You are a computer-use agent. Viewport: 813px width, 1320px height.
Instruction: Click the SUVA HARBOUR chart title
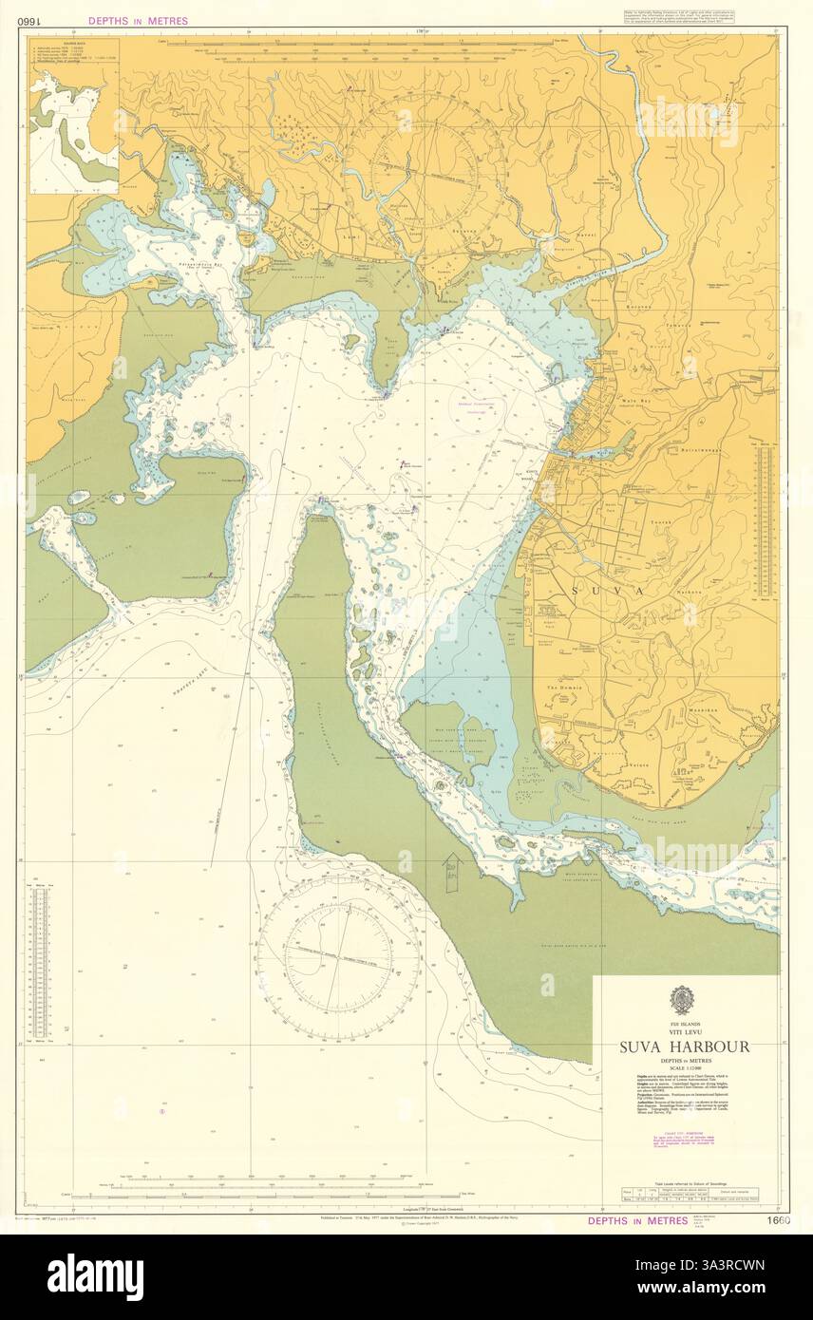coord(684,1047)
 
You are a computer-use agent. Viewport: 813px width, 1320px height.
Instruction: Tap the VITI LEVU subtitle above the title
coord(684,1033)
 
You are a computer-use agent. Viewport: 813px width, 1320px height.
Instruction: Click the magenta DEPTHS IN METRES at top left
coord(138,21)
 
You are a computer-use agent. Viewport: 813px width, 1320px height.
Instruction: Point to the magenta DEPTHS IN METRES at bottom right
coord(637,1220)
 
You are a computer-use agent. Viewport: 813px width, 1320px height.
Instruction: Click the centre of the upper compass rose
coord(438,176)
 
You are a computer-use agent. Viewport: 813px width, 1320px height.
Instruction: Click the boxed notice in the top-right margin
coord(700,17)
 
